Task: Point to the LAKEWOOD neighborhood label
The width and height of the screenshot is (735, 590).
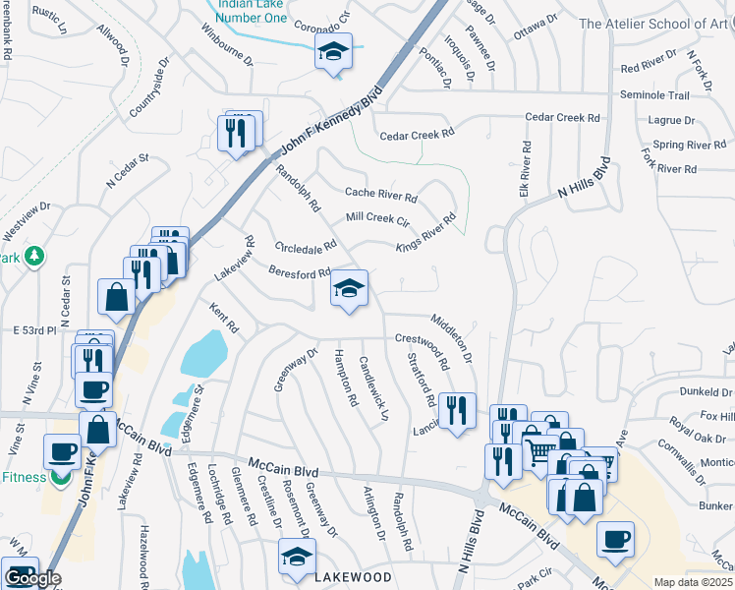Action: click(353, 577)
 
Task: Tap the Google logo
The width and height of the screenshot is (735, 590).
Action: click(32, 578)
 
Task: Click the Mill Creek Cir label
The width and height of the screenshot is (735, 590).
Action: click(377, 219)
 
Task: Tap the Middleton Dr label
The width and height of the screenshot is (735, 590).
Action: click(452, 336)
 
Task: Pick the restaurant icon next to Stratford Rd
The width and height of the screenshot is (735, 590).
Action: click(457, 410)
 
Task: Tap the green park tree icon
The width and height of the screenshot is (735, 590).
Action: click(34, 256)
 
